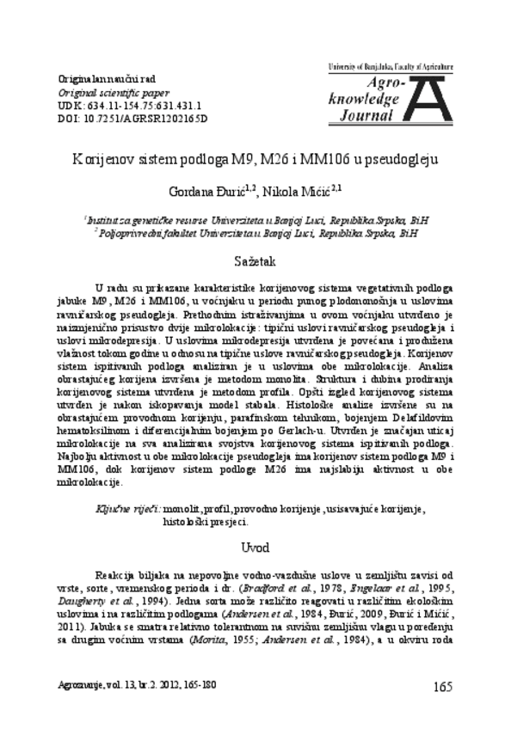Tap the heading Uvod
pos(255,545)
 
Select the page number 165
pos(442,685)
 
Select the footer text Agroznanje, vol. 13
pos(96,684)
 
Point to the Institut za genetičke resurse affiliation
pos(258,219)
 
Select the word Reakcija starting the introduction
pos(116,573)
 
